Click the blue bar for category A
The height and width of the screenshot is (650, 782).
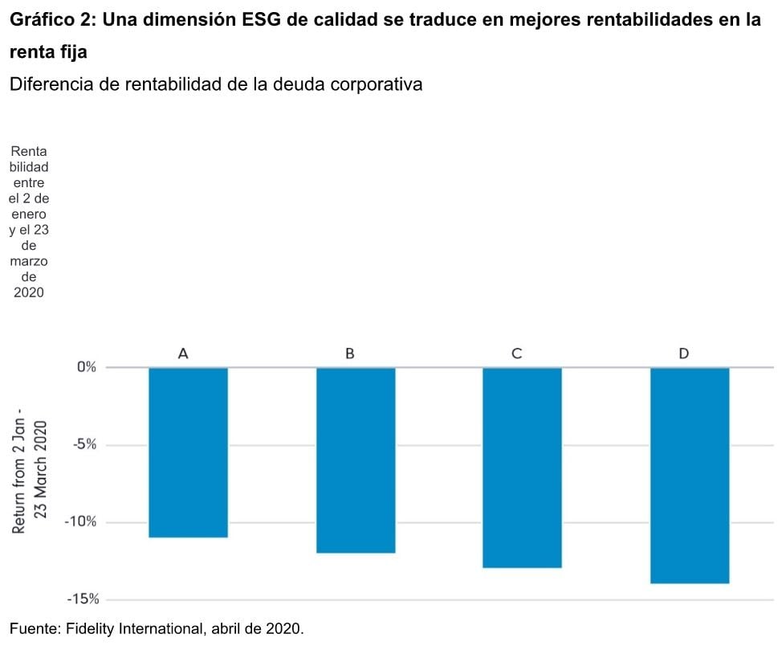189,452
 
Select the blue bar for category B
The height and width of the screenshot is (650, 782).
356,460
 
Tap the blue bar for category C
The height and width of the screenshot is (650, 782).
522,467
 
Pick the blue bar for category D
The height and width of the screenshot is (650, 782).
689,475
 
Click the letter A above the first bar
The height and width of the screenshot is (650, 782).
183,354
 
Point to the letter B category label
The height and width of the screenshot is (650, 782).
350,354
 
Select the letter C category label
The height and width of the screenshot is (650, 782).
517,354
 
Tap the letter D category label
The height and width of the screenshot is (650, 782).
683,354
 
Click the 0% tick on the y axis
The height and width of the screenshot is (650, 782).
86,367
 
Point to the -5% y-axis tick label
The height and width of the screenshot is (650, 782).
83,444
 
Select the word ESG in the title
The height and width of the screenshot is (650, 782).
264,21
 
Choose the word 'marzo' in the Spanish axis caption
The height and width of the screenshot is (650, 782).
29,262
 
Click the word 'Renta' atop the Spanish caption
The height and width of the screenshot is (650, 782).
29,153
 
